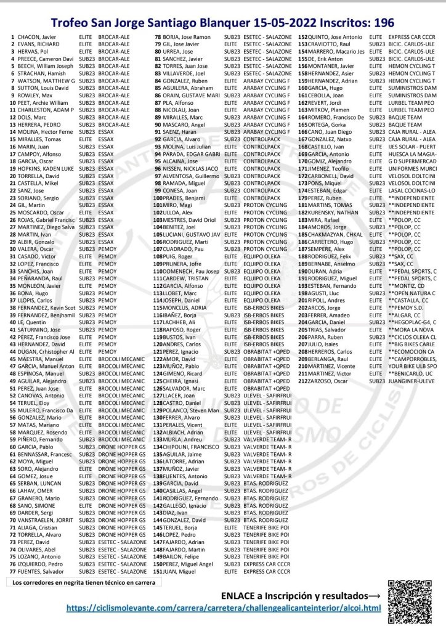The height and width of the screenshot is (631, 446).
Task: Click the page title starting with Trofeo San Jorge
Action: (222, 23)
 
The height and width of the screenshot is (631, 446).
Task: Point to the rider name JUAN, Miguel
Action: (180, 571)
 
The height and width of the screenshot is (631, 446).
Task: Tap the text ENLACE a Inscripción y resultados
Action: (300, 596)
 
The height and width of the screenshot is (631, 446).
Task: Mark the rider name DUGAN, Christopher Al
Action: (46, 351)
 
